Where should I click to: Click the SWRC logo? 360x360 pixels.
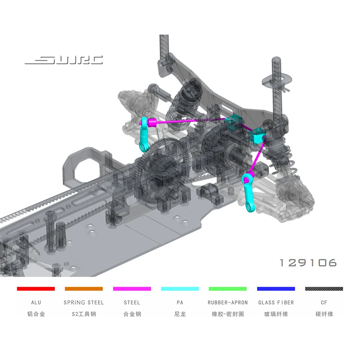click(x=64, y=60)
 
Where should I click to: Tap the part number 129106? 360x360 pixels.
click(x=308, y=263)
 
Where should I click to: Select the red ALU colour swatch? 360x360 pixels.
click(x=36, y=289)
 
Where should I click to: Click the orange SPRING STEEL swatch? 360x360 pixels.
click(x=84, y=289)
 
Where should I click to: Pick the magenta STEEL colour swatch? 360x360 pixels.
click(x=132, y=289)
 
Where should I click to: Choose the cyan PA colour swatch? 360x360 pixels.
click(x=180, y=289)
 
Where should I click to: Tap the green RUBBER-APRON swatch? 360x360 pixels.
click(x=228, y=289)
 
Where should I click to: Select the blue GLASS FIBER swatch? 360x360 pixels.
click(x=276, y=289)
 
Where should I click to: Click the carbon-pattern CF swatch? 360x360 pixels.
click(x=324, y=289)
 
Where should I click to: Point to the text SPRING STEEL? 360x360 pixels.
click(x=84, y=303)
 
